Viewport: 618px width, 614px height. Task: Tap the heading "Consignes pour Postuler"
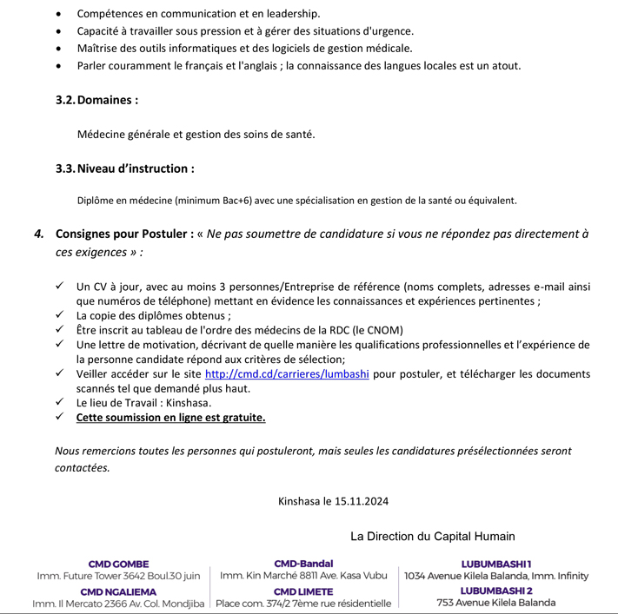point(124,234)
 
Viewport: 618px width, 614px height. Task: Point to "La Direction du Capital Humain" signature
point(432,536)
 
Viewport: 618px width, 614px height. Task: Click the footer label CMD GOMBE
point(118,564)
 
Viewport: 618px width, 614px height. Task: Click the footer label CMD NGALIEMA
point(118,591)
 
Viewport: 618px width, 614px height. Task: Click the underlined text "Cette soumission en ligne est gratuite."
point(170,418)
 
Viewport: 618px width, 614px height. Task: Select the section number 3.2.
point(65,100)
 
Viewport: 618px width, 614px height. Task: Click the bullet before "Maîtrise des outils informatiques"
point(58,49)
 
